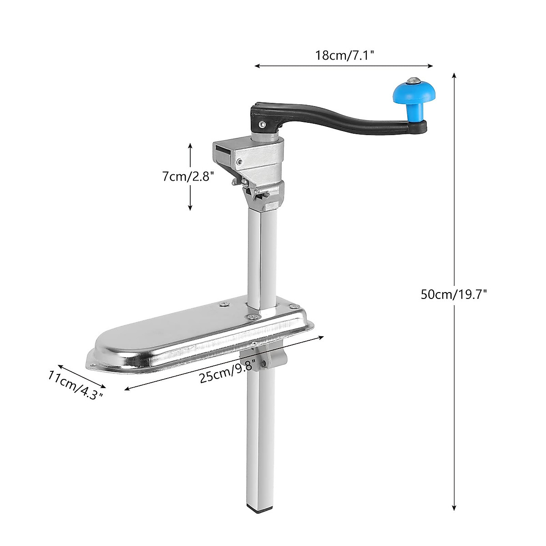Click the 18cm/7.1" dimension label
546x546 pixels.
344,56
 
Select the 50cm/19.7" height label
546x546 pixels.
454,294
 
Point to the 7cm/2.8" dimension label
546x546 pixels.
188,176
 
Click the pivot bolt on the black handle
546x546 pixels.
262,123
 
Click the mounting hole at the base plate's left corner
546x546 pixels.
94,364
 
